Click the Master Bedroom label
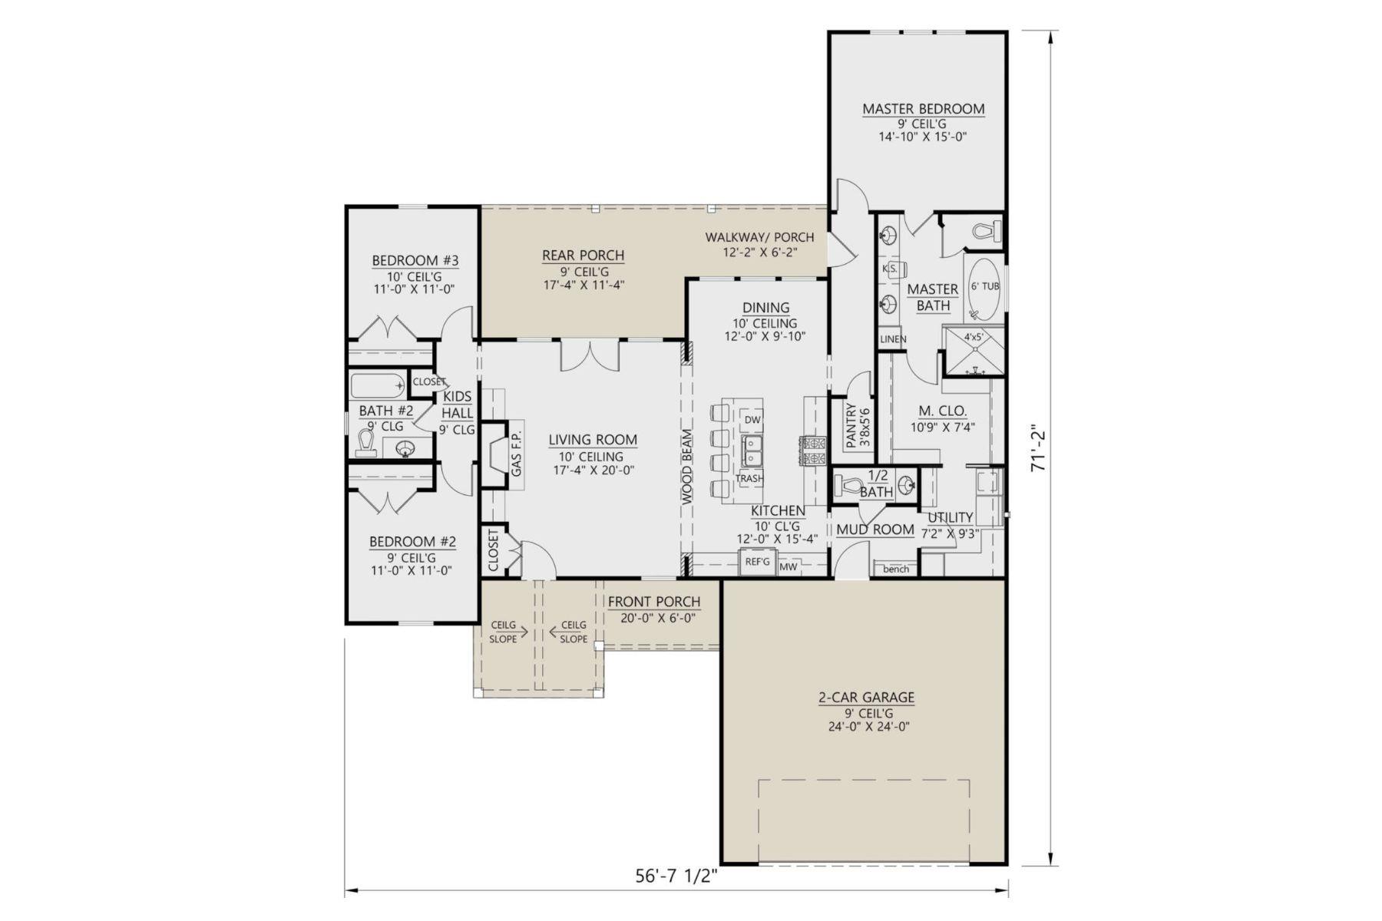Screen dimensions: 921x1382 [x=923, y=109]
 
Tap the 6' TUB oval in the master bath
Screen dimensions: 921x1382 [x=984, y=289]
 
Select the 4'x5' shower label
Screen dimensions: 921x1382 [x=974, y=336]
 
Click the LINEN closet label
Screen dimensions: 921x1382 [x=893, y=339]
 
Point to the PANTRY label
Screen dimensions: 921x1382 [x=850, y=427]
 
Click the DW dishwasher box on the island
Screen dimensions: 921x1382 [x=752, y=420]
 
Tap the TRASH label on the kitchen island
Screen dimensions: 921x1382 [x=749, y=478]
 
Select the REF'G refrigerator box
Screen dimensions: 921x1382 [x=757, y=562]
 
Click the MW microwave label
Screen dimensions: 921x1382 [x=789, y=567]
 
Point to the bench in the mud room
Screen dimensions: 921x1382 [x=895, y=569]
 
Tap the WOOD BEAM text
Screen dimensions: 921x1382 [x=687, y=467]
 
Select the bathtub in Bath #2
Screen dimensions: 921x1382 [x=377, y=384]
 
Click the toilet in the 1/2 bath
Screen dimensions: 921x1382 [x=850, y=485]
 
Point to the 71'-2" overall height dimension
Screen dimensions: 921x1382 [x=1039, y=448]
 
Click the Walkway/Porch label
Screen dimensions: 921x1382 [x=759, y=237]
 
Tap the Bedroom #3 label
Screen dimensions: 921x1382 [x=415, y=260]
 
